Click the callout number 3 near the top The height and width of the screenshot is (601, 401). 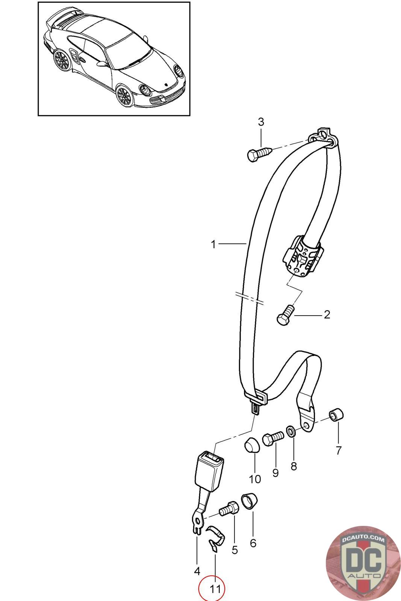[261, 122]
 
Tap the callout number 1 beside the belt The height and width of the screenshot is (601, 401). [213, 245]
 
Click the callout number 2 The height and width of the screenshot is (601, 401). [327, 315]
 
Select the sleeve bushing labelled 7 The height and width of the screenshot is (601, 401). [336, 415]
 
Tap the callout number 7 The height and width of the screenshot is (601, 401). [338, 450]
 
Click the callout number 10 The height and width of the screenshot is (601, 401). [255, 479]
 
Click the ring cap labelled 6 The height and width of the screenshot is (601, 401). [249, 501]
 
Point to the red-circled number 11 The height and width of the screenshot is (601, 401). [215, 589]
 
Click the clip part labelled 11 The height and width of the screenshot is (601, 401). [215, 538]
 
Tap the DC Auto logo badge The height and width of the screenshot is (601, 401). [363, 563]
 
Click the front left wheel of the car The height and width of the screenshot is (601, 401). [124, 95]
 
